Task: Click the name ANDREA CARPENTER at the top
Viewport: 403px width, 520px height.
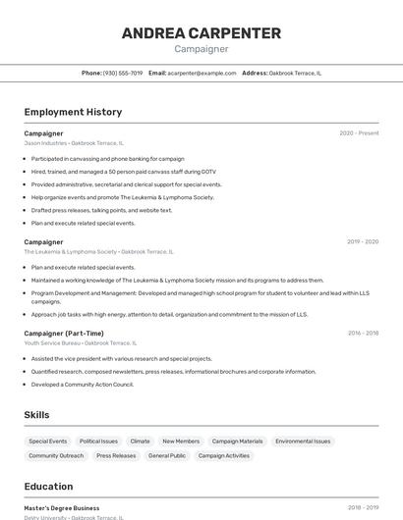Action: click(201, 32)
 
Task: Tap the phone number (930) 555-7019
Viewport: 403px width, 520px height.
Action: click(123, 73)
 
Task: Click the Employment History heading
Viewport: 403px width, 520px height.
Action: click(73, 112)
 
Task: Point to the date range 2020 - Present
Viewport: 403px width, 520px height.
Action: click(359, 133)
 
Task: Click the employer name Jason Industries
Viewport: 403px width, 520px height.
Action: click(45, 143)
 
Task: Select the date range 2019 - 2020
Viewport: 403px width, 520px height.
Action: click(363, 241)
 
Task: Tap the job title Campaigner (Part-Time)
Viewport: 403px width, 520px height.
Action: click(64, 334)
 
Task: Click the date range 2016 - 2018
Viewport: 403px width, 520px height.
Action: click(363, 334)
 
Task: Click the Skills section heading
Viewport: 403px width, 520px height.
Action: click(36, 415)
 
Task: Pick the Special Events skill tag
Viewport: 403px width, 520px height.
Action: click(48, 442)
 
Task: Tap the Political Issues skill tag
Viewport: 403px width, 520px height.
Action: click(98, 442)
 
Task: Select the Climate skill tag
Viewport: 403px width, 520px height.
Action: click(140, 442)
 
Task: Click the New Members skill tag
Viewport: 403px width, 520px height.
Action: click(181, 442)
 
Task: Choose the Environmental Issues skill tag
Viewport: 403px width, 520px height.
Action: click(303, 442)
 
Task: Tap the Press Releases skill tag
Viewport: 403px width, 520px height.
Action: click(116, 456)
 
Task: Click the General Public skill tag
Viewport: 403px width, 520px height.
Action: click(167, 456)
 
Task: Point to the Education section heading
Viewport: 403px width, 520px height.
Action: click(48, 487)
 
